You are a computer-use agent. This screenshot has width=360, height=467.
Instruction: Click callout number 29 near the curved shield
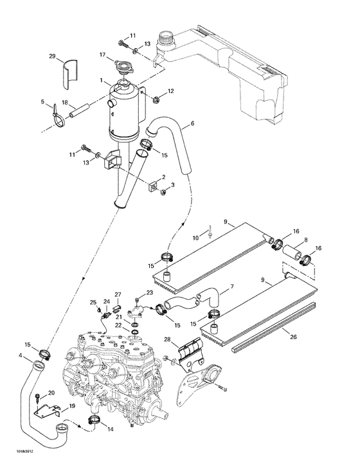53,58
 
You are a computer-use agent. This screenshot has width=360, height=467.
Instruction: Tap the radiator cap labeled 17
122,67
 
